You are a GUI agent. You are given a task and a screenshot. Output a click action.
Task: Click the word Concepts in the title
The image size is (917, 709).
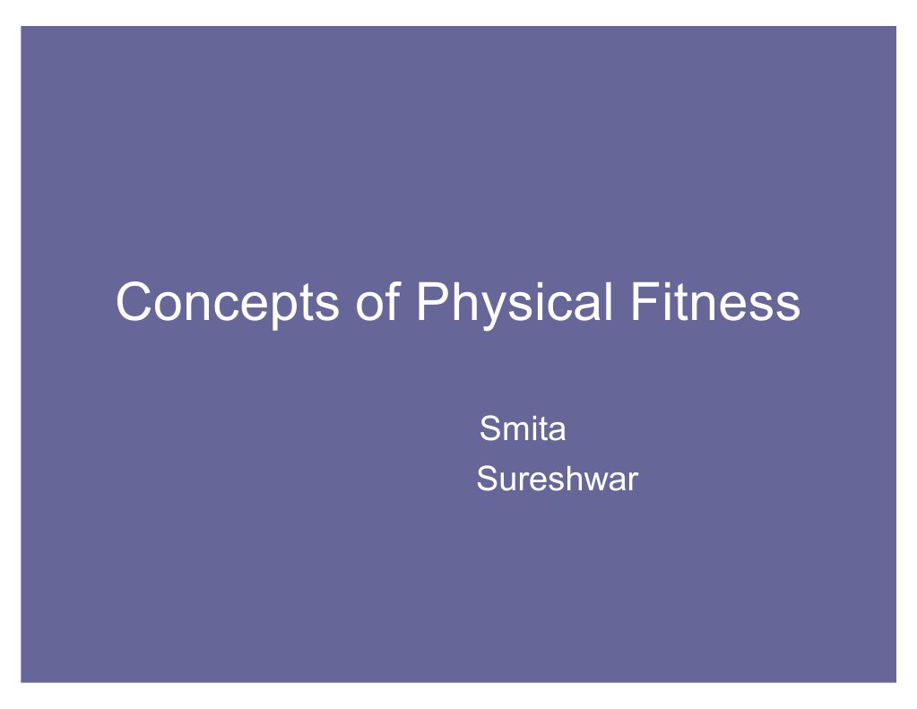point(228,303)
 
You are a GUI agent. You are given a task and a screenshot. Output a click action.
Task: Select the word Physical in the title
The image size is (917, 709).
point(514,303)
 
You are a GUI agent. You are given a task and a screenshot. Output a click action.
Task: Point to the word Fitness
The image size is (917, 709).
point(714,302)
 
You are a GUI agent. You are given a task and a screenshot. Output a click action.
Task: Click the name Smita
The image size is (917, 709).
point(523,429)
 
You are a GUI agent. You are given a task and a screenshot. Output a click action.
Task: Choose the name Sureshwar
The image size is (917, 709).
point(557,480)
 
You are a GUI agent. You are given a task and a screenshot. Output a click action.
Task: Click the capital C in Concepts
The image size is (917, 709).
point(134,302)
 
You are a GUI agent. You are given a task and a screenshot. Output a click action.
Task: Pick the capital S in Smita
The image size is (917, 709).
point(489,429)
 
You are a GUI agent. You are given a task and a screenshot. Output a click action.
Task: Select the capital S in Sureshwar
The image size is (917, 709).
point(486,480)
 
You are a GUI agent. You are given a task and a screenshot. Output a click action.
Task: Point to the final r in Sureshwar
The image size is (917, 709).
point(632,481)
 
